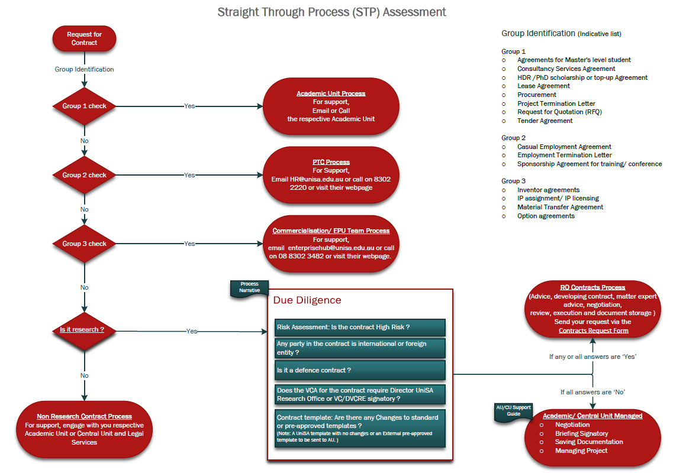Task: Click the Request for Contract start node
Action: click(84, 38)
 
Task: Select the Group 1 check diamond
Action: click(84, 106)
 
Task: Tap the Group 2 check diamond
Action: click(84, 175)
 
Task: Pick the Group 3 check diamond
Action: click(84, 244)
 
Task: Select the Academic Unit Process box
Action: click(331, 106)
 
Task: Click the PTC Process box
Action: click(331, 174)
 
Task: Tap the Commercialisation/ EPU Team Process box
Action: click(331, 243)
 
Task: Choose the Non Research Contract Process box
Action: click(84, 429)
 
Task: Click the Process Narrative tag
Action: click(249, 287)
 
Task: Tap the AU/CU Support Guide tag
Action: click(513, 410)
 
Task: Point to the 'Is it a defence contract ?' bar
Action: click(360, 370)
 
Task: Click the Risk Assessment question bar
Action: click(360, 327)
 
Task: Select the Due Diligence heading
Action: click(307, 300)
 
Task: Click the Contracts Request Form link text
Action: click(593, 331)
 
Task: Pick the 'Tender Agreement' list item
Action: click(545, 121)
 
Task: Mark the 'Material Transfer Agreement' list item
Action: click(560, 207)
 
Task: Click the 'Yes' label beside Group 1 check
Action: click(189, 106)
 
